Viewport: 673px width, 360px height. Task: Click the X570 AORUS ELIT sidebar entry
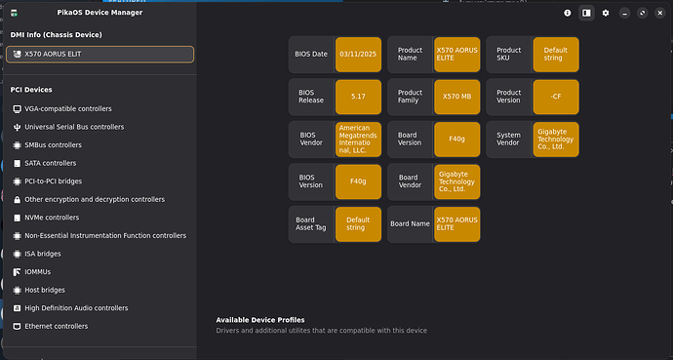click(x=99, y=54)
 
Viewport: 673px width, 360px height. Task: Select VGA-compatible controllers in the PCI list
click(x=68, y=109)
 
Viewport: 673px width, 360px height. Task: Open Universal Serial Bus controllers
click(x=74, y=127)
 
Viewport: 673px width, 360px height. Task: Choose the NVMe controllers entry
click(x=52, y=218)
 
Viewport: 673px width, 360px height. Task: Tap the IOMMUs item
click(x=37, y=272)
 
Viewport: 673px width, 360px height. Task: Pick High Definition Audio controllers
click(x=76, y=308)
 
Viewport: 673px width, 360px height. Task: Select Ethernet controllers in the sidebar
click(x=56, y=326)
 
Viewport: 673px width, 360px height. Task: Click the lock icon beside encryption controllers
click(x=17, y=200)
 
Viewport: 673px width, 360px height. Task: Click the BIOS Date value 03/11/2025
click(x=358, y=54)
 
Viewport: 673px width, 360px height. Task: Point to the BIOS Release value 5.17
click(x=358, y=97)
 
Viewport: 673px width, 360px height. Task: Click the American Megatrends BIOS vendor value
click(x=358, y=139)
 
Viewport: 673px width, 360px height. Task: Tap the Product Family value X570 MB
click(x=456, y=97)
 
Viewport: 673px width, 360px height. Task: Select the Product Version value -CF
click(x=555, y=97)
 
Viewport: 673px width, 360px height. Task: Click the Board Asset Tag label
click(x=311, y=223)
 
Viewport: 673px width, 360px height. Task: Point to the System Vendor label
click(x=508, y=139)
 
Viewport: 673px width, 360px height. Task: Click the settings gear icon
click(x=605, y=13)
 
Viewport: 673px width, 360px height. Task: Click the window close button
click(x=660, y=13)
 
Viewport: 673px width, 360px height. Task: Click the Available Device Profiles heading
click(x=260, y=320)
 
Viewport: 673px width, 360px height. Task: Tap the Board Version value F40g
click(x=456, y=139)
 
